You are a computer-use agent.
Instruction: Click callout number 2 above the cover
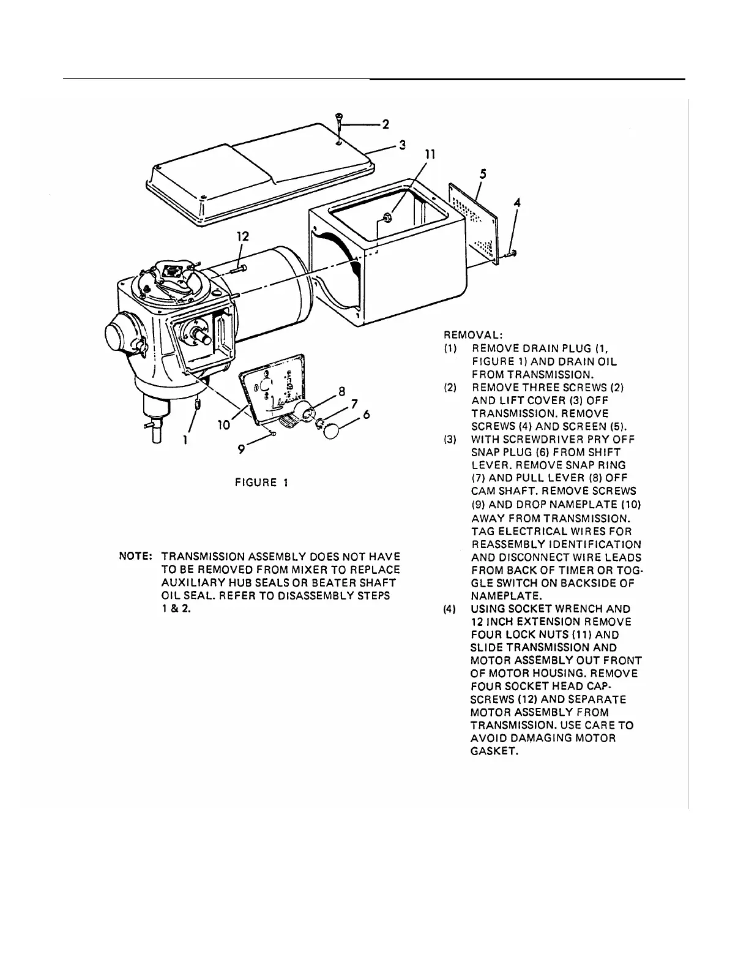[386, 125]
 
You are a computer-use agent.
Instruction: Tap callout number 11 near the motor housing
[430, 155]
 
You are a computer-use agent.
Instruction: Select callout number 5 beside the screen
[483, 175]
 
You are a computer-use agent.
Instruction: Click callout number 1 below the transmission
[186, 439]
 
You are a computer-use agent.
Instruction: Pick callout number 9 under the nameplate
[242, 450]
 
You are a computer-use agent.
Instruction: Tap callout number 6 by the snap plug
[367, 415]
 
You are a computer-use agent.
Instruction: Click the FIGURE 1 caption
[261, 483]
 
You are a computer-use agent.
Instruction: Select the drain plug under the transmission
[197, 404]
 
